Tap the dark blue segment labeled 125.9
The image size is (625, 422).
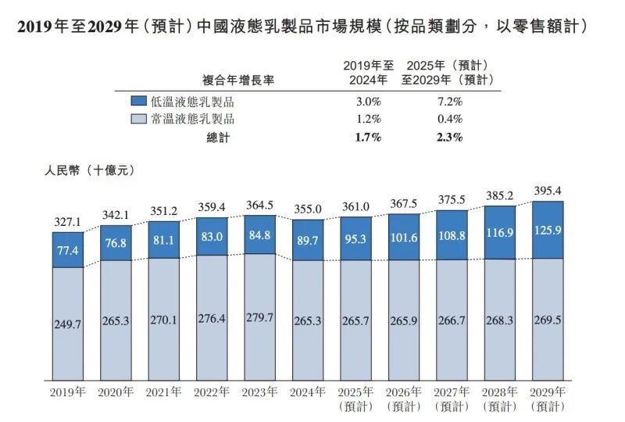click(x=548, y=230)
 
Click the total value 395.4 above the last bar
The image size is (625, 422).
click(x=548, y=191)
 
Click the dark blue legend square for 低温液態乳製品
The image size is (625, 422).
click(x=138, y=102)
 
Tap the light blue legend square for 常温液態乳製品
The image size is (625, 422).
click(x=138, y=120)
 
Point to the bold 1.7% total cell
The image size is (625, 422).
click(x=367, y=138)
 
